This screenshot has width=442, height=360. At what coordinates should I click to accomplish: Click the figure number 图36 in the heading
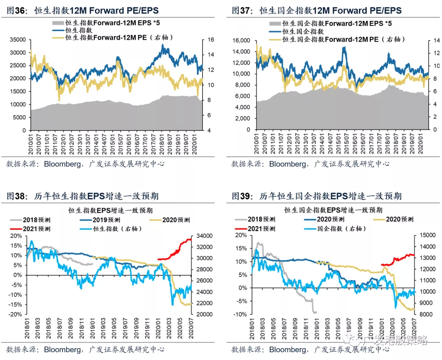(16, 10)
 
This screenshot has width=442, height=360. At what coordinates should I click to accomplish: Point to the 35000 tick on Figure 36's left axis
(18, 40)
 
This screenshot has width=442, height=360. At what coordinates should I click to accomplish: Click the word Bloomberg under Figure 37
(287, 164)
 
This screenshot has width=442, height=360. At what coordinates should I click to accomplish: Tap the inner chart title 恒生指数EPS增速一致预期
(110, 211)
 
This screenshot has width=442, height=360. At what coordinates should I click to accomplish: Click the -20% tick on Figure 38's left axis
(15, 314)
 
